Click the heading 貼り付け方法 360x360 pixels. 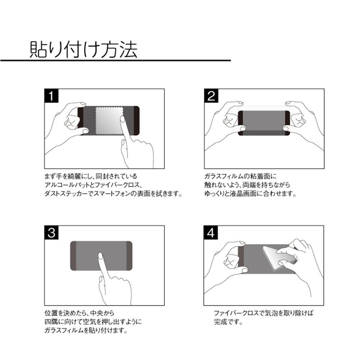coord(83,50)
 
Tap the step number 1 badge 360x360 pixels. coord(51,96)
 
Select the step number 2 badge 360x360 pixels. coord(211,96)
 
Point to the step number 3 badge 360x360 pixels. coord(51,233)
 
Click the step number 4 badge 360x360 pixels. coord(211,233)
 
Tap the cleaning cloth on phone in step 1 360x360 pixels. coord(109,121)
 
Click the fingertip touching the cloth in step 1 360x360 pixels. coord(122,119)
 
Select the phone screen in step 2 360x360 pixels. coord(264,123)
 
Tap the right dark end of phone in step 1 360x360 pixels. coord(136,121)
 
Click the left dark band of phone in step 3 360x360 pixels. coord(73,256)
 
